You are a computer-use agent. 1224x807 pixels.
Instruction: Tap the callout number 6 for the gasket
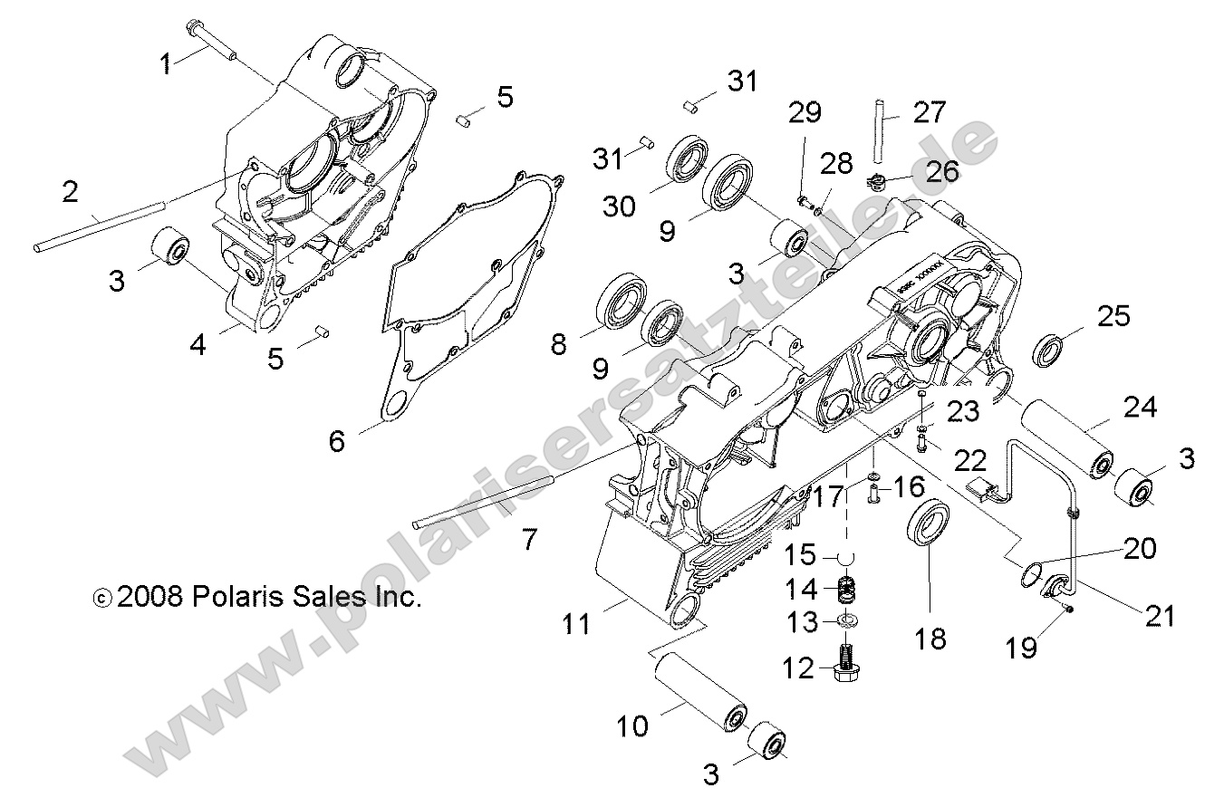336,441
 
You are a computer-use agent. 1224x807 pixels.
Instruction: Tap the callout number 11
576,623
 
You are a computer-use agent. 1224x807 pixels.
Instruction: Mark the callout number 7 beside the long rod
528,541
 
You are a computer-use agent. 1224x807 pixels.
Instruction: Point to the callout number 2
70,191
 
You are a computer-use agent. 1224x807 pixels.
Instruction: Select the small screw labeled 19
1069,609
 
